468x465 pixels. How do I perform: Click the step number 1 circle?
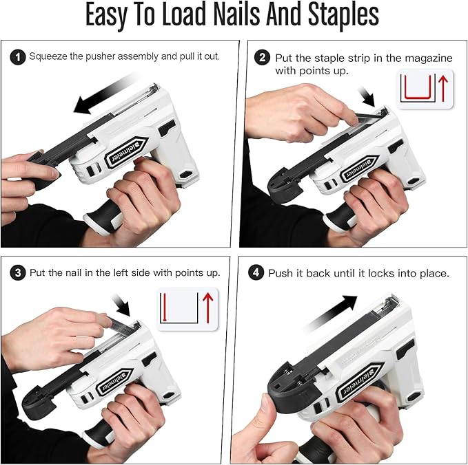click(17, 56)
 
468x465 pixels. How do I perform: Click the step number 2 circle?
click(261, 58)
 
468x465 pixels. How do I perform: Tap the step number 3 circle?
click(17, 273)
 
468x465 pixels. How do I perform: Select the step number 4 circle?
click(257, 273)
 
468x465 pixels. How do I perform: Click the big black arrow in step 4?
click(330, 308)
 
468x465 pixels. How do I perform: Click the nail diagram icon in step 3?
click(183, 308)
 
